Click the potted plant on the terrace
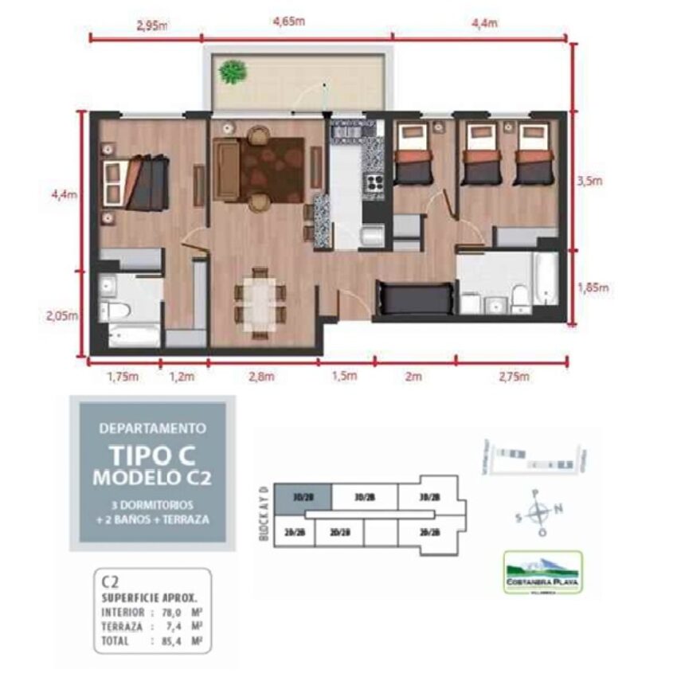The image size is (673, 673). coord(233,72)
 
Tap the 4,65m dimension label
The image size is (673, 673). coord(288,22)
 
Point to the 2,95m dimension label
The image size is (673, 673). coord(152,25)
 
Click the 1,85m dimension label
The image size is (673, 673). coord(593,288)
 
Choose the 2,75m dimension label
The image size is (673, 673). coord(511,377)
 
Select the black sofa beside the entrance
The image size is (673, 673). coord(413,299)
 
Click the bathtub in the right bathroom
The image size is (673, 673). coord(546,279)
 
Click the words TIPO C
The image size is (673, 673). coord(151,455)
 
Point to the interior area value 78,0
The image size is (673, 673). coord(169,612)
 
